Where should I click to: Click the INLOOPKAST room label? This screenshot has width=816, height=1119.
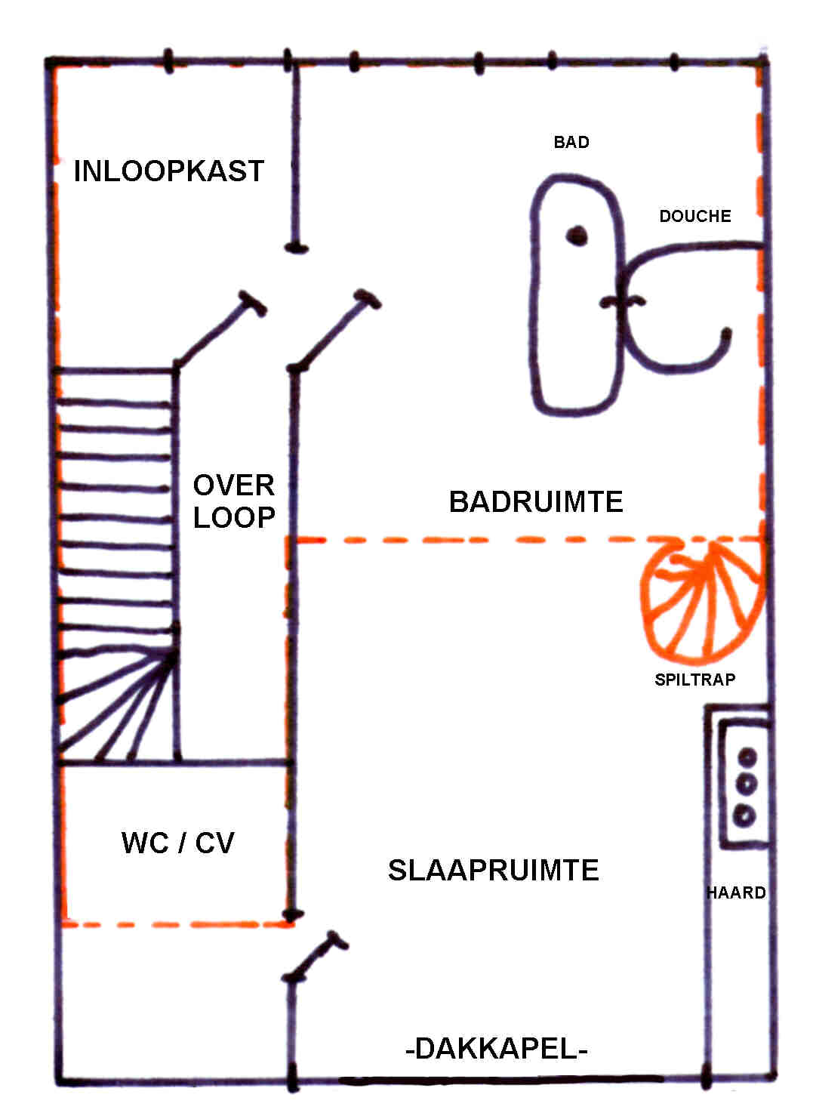coord(168,171)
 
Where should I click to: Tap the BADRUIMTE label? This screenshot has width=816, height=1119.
coord(536,502)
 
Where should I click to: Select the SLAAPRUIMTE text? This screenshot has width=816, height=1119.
coord(493,871)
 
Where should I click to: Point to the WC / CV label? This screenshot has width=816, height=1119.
coord(178,843)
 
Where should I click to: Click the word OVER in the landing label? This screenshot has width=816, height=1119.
coord(233,486)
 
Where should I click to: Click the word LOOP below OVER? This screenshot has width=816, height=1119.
coord(234,518)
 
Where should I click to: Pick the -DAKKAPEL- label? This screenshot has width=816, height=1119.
coord(496,1049)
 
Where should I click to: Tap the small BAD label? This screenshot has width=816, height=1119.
coord(571,142)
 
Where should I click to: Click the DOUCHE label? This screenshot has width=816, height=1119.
coord(695,217)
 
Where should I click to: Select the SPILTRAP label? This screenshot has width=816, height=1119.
coord(694,680)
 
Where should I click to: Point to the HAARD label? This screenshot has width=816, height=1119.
coord(736,893)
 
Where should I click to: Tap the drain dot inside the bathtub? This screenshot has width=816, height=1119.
coord(577,236)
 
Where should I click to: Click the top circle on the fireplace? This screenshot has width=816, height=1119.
coord(747,757)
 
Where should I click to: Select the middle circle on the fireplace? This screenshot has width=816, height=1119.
coord(747,785)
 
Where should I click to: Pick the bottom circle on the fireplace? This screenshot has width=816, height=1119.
coord(745,815)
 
